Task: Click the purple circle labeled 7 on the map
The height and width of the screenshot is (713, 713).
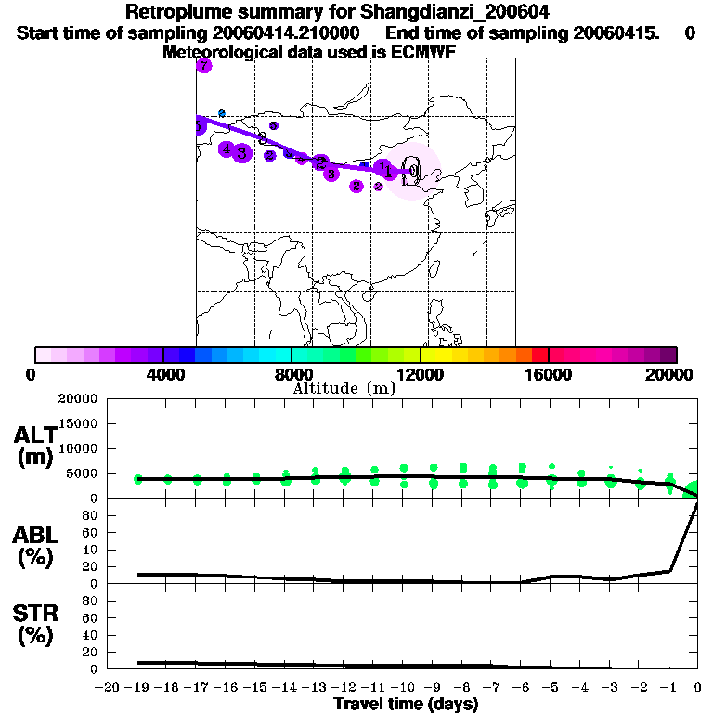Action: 204,66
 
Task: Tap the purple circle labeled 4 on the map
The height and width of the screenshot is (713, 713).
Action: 227,149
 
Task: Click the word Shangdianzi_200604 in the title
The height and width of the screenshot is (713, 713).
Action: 448,13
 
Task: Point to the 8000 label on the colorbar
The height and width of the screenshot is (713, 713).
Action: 292,374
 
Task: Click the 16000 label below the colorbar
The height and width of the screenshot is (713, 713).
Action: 549,374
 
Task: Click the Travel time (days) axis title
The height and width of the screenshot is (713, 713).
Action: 406,704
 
